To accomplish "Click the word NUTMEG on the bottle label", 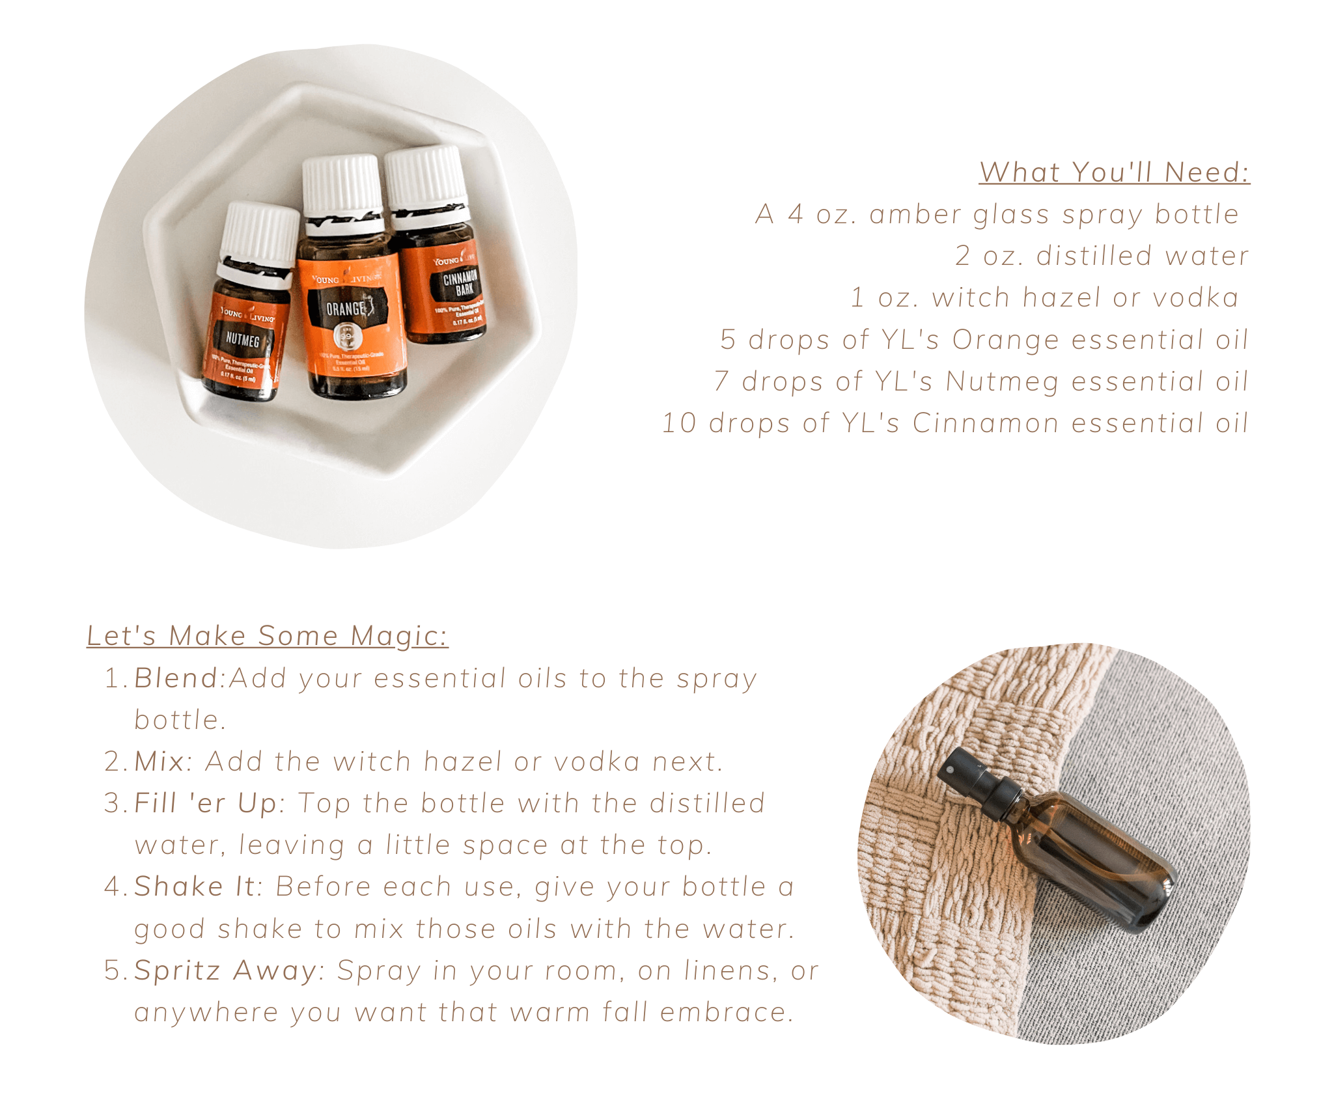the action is coord(242,339).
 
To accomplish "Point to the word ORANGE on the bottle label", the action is coord(346,309).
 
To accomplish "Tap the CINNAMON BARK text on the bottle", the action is coord(461,282).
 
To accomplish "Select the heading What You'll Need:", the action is coord(1115,172).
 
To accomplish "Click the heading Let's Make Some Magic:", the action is coord(268,636).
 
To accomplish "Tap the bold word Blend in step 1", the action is coord(176,678).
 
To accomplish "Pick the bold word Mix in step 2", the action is coord(160,762).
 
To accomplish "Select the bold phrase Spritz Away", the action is coord(225,970).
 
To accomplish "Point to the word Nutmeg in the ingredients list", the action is coord(1002,382).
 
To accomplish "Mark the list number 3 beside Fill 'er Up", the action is coord(112,803).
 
